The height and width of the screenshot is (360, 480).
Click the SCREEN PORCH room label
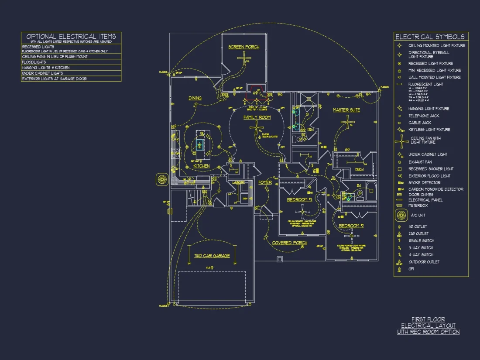coord(244,47)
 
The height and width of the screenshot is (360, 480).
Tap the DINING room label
coord(195,98)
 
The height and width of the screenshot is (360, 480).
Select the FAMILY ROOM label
coord(257,117)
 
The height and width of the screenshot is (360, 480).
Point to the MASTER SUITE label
coord(346,110)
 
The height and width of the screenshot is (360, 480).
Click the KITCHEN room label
coord(201,166)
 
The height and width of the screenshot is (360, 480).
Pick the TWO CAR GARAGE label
coord(212,256)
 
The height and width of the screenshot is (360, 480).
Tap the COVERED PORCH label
coord(290,243)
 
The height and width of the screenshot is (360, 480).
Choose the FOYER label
coord(265,182)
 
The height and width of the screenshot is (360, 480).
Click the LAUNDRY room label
coord(238,182)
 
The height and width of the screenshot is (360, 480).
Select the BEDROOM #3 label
coord(300,200)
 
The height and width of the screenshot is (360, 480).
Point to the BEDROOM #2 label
coord(351,226)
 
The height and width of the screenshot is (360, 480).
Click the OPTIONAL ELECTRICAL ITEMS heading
coord(71,37)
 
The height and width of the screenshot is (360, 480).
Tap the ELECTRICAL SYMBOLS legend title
coord(430,37)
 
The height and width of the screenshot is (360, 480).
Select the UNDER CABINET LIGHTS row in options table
coord(43,73)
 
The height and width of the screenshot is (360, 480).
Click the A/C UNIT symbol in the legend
coord(401,215)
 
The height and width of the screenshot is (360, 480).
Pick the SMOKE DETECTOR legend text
coord(425,182)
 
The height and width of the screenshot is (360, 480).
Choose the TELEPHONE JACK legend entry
coord(424,116)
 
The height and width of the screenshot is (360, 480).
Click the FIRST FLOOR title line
coord(428,319)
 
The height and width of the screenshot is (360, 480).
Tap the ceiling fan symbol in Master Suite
coord(348,123)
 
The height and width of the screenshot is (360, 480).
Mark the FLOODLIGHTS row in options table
coord(34,62)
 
